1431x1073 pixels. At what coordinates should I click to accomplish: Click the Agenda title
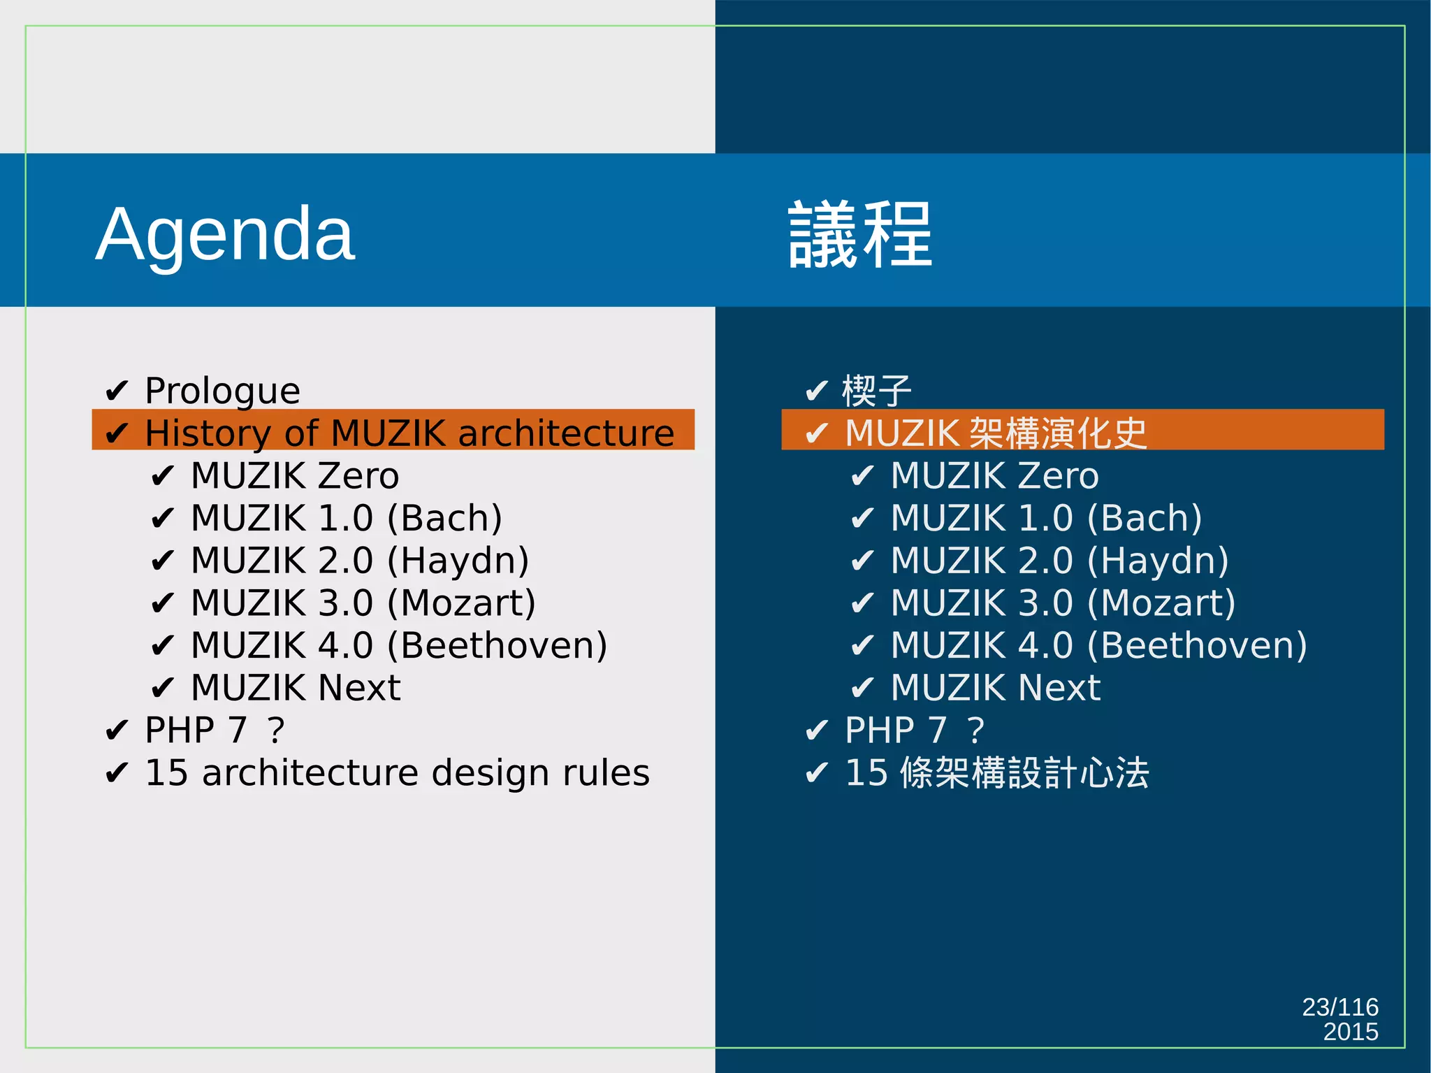point(225,234)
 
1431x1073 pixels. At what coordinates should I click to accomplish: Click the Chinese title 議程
point(860,234)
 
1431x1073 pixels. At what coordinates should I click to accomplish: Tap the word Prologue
point(222,391)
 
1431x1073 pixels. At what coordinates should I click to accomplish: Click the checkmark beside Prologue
point(117,390)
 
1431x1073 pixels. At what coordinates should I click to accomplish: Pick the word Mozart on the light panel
point(461,603)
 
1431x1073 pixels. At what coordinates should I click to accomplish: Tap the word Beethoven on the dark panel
point(1197,645)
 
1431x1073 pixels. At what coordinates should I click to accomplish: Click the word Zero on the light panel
point(358,476)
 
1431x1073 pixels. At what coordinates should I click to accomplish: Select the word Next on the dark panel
point(1059,688)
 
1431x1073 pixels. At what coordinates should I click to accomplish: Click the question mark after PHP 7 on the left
point(277,730)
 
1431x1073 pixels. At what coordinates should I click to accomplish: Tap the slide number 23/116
point(1339,1007)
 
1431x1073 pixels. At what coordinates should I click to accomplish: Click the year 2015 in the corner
point(1350,1032)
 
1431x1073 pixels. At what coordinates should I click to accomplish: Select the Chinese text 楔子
point(877,391)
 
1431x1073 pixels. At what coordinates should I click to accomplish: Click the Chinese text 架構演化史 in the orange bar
point(1059,433)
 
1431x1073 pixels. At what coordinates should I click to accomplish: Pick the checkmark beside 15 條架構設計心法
point(817,773)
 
